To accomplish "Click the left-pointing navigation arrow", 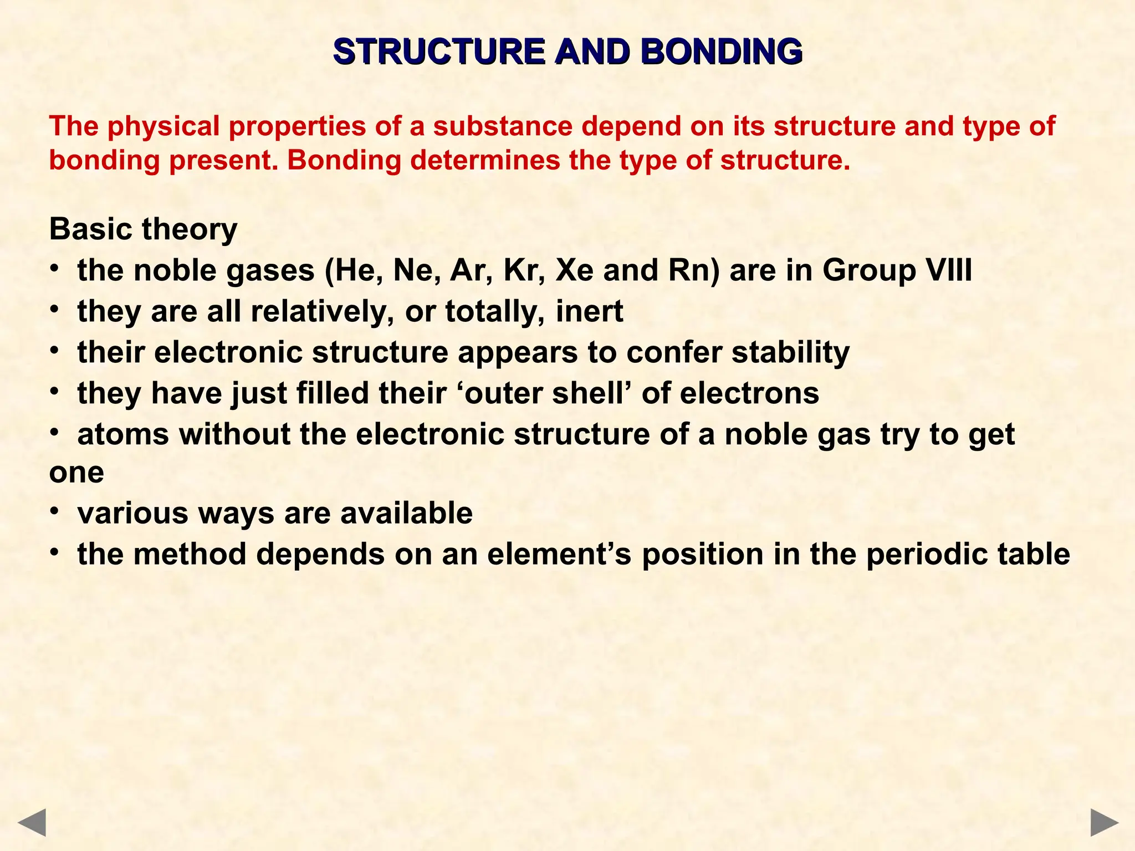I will pos(32,822).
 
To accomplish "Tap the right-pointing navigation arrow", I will pos(1105,822).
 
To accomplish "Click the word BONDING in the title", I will pos(721,52).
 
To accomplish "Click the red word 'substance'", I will pos(503,126).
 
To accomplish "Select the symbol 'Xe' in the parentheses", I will pos(574,271).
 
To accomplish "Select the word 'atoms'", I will pos(123,434).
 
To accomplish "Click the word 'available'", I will pos(406,513).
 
